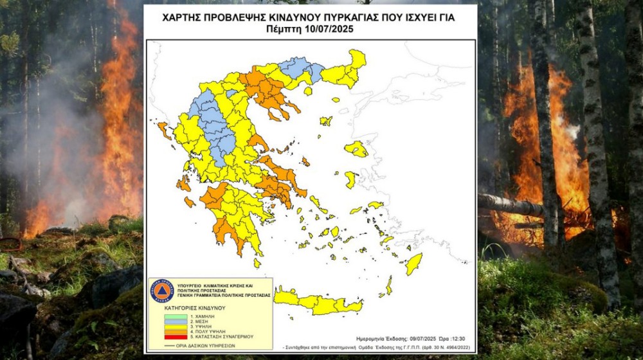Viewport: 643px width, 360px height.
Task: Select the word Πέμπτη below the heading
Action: point(281,30)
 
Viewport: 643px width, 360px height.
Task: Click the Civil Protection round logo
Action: point(161,291)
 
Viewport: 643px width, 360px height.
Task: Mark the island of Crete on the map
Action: point(318,302)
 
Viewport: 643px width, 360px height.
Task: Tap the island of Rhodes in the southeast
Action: point(413,264)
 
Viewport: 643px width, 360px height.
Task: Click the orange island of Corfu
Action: point(163,129)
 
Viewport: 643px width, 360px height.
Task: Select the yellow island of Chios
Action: point(350,179)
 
